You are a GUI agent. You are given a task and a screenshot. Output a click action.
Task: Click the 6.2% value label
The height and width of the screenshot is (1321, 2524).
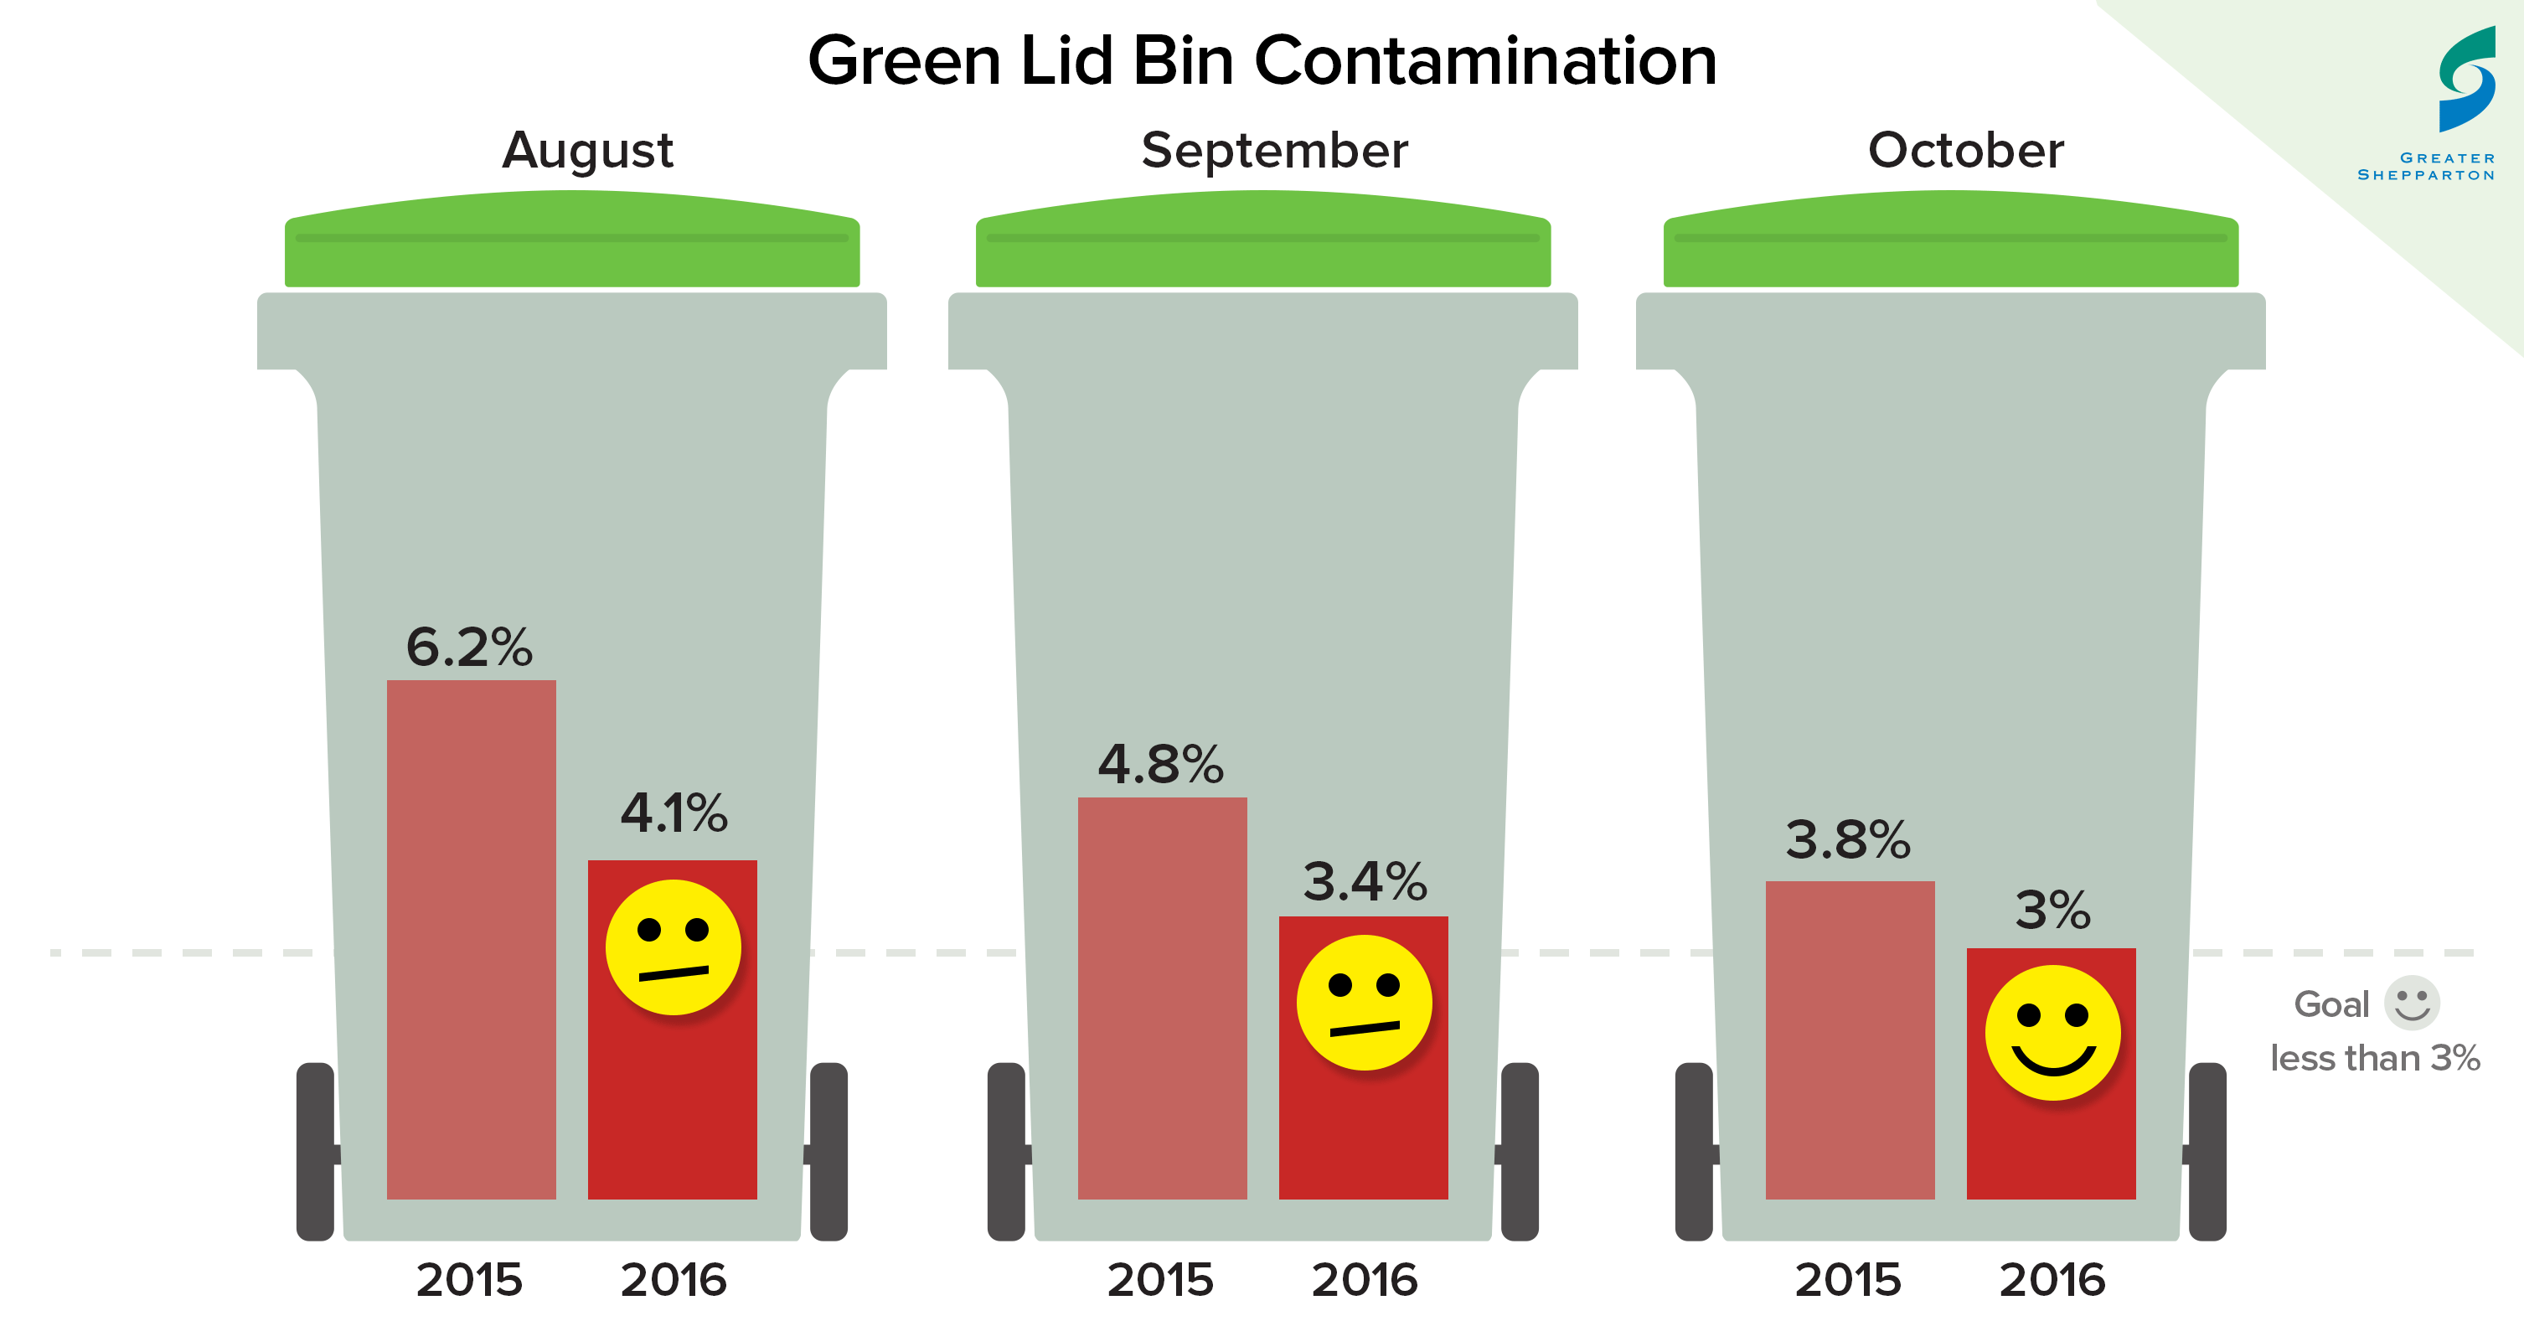[x=469, y=647]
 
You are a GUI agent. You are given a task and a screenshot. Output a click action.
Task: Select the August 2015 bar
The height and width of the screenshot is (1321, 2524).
[x=472, y=939]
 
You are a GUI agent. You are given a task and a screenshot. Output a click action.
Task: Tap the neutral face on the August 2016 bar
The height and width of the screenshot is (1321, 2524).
[x=674, y=947]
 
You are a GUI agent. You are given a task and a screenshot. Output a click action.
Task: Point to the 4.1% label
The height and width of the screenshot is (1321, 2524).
[x=674, y=813]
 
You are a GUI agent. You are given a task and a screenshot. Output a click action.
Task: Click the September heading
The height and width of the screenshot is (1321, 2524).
[x=1275, y=150]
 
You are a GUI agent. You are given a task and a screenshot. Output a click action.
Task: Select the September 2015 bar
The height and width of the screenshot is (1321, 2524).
[x=1162, y=998]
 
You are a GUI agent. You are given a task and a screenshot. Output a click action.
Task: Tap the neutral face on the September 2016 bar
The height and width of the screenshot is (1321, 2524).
[x=1364, y=1003]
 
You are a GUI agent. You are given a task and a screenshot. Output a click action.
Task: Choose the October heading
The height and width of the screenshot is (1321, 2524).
[x=1965, y=150]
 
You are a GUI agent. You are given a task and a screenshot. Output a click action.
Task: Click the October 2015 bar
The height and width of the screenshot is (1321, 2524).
[x=1850, y=1039]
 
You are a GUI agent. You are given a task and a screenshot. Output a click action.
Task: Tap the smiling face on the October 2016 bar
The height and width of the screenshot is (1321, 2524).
[x=2052, y=1033]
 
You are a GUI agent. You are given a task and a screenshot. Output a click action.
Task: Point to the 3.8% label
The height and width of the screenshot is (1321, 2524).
[x=1848, y=840]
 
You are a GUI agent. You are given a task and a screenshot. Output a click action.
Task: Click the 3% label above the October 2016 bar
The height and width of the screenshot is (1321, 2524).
[x=2052, y=910]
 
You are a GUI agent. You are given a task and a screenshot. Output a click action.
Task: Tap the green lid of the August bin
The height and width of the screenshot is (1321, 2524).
[x=572, y=240]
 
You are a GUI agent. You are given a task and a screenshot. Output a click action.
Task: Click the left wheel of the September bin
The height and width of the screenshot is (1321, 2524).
[x=1006, y=1152]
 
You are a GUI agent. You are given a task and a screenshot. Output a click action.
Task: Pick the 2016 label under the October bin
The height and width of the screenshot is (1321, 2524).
[x=2052, y=1280]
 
